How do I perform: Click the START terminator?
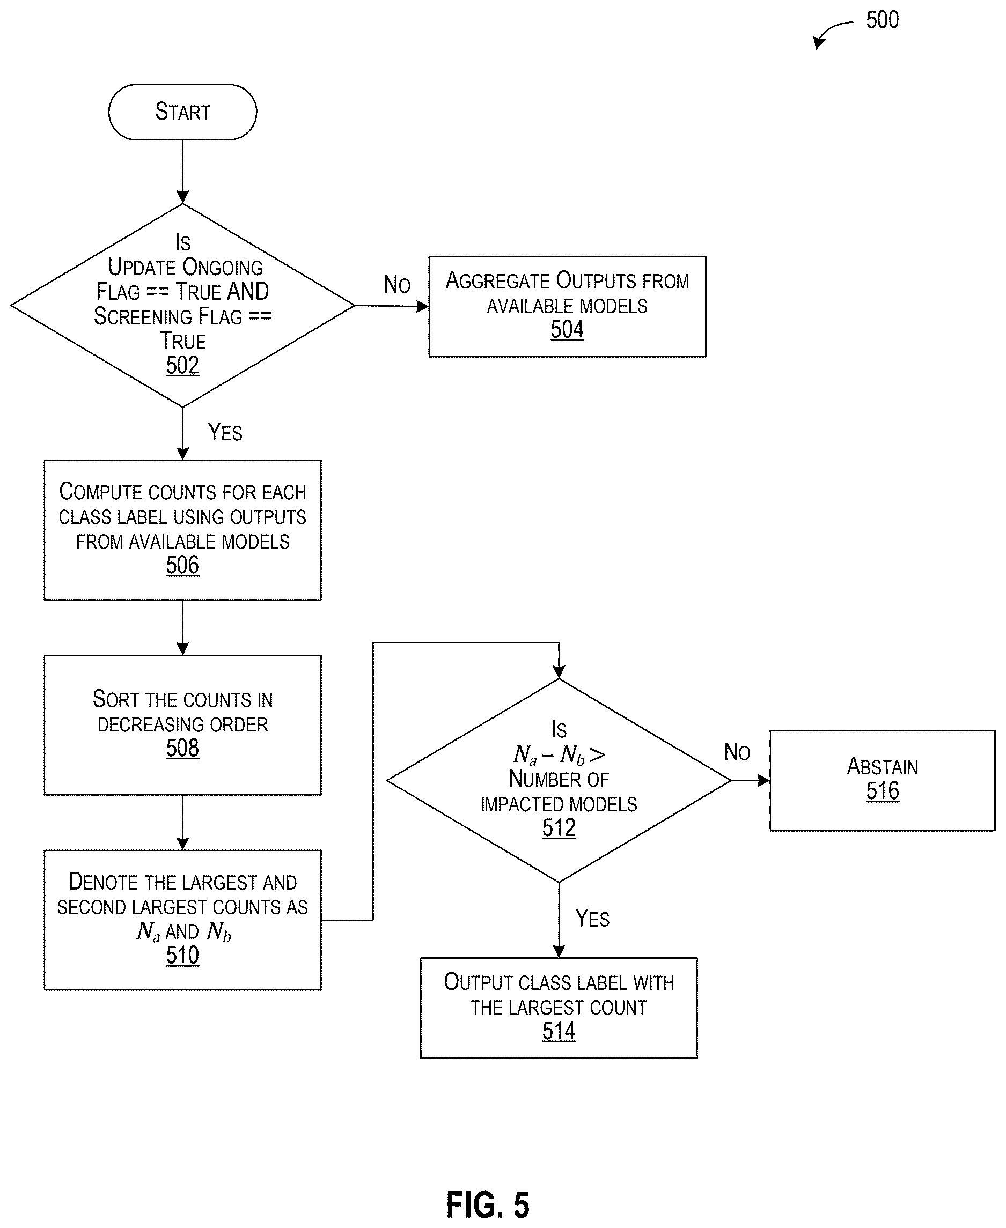click(182, 112)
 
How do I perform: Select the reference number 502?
click(182, 366)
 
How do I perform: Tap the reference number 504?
click(567, 330)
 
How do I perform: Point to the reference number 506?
click(182, 565)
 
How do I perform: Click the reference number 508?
click(182, 749)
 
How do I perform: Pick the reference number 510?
click(182, 956)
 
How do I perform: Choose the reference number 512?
click(559, 828)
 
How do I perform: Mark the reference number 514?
click(559, 1032)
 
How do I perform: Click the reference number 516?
click(883, 791)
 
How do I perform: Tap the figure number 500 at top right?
click(883, 20)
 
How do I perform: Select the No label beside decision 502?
click(397, 285)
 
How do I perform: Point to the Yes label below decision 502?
click(225, 432)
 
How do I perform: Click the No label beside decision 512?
click(737, 752)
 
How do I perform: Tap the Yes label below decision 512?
click(592, 919)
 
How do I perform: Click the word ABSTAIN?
click(883, 767)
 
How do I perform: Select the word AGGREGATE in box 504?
click(497, 281)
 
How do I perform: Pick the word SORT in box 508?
click(116, 700)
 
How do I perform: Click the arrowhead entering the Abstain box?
click(763, 781)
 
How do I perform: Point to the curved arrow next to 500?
click(831, 32)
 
